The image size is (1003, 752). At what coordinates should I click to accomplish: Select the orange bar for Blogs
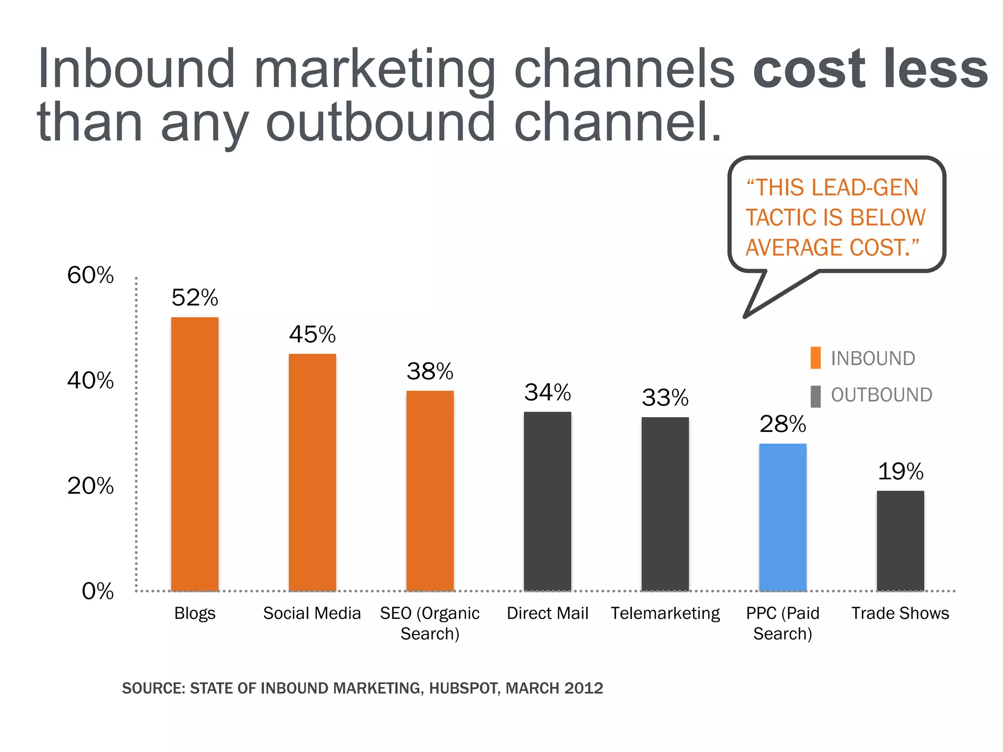(x=194, y=454)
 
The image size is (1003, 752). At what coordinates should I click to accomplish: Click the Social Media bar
(x=312, y=472)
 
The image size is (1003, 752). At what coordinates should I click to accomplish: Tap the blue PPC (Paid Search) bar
(x=783, y=517)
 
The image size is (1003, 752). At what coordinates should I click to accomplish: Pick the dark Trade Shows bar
(x=900, y=540)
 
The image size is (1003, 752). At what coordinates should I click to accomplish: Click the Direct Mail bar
(x=547, y=501)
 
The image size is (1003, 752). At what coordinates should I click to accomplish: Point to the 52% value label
(x=194, y=297)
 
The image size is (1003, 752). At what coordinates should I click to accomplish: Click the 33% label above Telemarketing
(x=665, y=397)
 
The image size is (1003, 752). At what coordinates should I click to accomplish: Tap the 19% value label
(x=900, y=471)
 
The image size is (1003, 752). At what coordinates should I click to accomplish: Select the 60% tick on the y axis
(x=90, y=275)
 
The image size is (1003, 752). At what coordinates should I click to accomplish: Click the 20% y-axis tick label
(x=90, y=486)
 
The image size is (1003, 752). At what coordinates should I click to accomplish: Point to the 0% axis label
(x=97, y=591)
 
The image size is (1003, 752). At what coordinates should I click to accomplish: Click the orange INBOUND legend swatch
(x=815, y=358)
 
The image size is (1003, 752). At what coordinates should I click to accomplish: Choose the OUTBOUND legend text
(x=881, y=395)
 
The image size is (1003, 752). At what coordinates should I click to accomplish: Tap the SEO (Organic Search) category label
(x=430, y=623)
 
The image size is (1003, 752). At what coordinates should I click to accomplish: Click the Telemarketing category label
(x=665, y=613)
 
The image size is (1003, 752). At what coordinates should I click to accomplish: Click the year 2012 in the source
(x=583, y=688)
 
